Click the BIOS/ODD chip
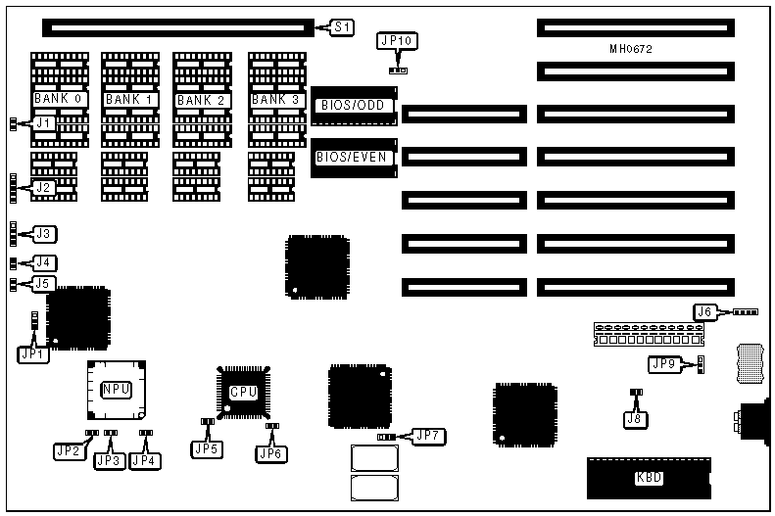click(355, 106)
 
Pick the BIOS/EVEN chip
click(355, 157)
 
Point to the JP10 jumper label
click(396, 41)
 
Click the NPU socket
click(116, 389)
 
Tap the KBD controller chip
click(649, 478)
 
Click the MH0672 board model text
click(632, 48)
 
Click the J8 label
click(635, 418)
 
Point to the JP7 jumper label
click(427, 435)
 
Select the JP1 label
click(32, 354)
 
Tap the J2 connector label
click(43, 187)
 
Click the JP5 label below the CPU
click(207, 449)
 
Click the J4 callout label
click(44, 262)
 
